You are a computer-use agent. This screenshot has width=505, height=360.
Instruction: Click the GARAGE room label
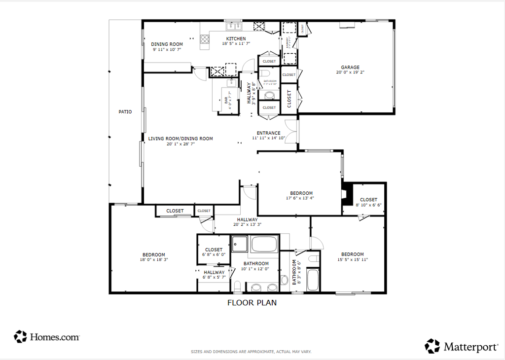pyautogui.click(x=350, y=68)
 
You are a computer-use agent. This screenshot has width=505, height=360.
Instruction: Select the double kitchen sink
pyautogui.click(x=233, y=26)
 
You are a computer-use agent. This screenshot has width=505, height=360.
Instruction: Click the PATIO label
pyautogui.click(x=125, y=112)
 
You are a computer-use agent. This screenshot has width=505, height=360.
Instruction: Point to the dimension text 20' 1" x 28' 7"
pyautogui.click(x=180, y=144)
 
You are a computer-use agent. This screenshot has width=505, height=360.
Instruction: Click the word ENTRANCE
pyautogui.click(x=269, y=133)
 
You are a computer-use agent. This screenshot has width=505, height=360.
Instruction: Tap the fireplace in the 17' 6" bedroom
pyautogui.click(x=347, y=194)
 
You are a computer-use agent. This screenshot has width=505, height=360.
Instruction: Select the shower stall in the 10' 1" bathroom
pyautogui.click(x=240, y=244)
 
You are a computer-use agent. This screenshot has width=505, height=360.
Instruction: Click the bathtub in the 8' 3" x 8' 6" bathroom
pyautogui.click(x=313, y=280)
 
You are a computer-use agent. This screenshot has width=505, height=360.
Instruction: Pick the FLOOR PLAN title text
pyautogui.click(x=252, y=303)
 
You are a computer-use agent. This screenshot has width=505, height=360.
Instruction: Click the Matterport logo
pyautogui.click(x=462, y=346)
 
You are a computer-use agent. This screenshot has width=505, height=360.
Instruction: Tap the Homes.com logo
pyautogui.click(x=47, y=337)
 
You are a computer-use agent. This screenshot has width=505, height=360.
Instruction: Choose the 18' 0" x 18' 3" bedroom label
pyautogui.click(x=153, y=257)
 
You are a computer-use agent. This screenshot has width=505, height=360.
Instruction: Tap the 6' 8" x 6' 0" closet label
pyautogui.click(x=214, y=252)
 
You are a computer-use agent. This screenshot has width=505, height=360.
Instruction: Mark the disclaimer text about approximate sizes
pyautogui.click(x=251, y=352)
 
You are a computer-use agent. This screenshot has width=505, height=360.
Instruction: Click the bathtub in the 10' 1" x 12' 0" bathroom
pyautogui.click(x=264, y=244)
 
